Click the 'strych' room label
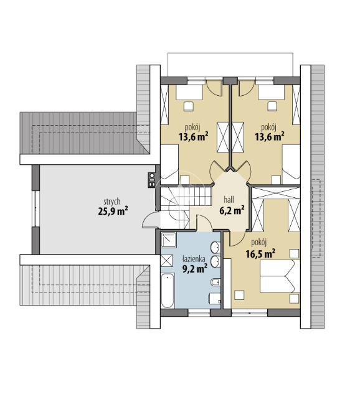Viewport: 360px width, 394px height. tap(112, 202)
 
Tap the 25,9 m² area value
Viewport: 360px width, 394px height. tap(113, 211)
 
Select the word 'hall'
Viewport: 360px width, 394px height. tap(229, 200)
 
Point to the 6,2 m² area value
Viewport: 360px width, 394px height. tap(232, 210)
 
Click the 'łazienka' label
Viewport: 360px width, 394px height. tap(194, 259)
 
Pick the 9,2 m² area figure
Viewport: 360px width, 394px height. tap(195, 268)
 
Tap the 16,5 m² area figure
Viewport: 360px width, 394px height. tap(260, 254)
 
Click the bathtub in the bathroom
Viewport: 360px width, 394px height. tap(168, 291)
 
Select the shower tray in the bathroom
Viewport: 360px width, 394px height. tap(168, 240)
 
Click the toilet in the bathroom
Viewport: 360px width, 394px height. tap(214, 299)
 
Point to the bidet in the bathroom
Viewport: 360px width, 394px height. tap(216, 283)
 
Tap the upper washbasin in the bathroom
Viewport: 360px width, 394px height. tap(216, 248)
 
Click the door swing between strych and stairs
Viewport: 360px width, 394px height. tap(151, 219)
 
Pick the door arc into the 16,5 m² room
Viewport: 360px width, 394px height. tap(237, 238)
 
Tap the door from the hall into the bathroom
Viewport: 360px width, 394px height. tap(204, 223)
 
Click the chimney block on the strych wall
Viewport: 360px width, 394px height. tap(151, 180)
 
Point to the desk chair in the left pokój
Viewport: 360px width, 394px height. tap(189, 106)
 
